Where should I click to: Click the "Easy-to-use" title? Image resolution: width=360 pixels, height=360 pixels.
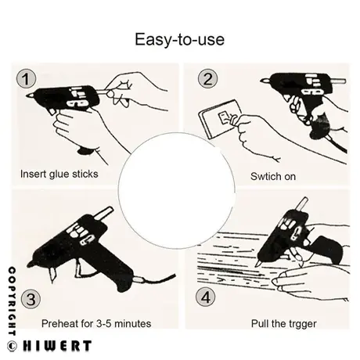pos(179,40)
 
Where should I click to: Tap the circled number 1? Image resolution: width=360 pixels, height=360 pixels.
pos(26,78)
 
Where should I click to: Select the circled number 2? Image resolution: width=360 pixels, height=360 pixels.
pos(207,79)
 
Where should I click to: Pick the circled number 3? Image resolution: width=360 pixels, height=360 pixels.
pos(31,299)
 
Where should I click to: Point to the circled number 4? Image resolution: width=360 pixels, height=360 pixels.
pos(206,297)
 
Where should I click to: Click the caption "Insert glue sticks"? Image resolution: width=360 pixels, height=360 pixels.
pos(59,174)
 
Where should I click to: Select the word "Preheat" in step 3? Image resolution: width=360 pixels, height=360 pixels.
pos(59,323)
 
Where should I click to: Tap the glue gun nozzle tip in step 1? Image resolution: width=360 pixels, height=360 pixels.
pos(27,95)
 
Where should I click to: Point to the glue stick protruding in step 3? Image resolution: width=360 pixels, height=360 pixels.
pos(104,213)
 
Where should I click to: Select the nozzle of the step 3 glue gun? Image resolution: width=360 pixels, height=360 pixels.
pos(52,275)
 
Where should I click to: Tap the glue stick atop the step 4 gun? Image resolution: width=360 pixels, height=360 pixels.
pos(301,205)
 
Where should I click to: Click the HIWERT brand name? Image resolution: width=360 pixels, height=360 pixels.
pos(57,346)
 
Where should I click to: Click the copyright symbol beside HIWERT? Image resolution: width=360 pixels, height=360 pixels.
pos(12,347)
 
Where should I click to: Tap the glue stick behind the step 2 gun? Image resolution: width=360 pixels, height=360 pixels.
pos(338,81)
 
